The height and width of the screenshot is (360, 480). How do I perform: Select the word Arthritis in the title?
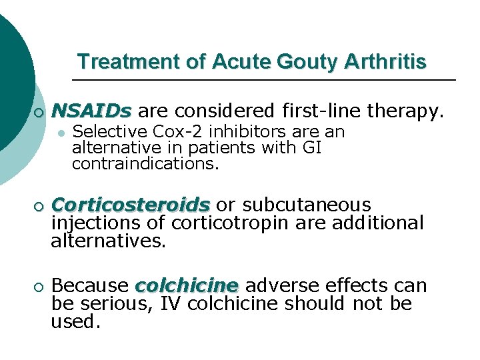(385, 62)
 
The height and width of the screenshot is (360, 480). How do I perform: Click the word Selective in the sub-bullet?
(103, 132)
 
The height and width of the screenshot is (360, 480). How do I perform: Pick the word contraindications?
(145, 163)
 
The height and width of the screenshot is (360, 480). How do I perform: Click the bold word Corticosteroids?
(130, 204)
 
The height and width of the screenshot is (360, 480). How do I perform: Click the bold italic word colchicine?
(186, 286)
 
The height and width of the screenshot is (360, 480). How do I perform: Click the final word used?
(75, 323)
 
